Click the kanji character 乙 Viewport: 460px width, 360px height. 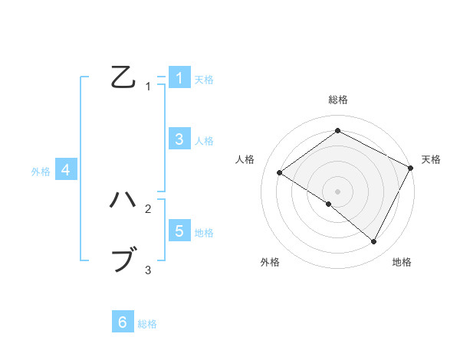[x=123, y=77]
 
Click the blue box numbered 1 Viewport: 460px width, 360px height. [x=179, y=77]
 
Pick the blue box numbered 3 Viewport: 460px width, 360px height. [x=179, y=139]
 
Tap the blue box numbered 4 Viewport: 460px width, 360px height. [x=66, y=170]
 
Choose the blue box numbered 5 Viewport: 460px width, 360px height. [x=179, y=231]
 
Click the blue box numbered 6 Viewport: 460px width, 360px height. [x=123, y=322]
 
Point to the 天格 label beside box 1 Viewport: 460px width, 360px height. [x=204, y=79]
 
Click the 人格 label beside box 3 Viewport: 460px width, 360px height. [x=204, y=140]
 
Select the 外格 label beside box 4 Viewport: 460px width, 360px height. [x=41, y=172]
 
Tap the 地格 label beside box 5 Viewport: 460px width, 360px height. [x=204, y=232]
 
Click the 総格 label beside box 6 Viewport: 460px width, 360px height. [x=147, y=324]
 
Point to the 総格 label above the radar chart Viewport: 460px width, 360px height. [x=337, y=100]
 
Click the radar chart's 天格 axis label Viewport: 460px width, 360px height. [x=431, y=159]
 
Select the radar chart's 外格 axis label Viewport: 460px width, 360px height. [x=270, y=263]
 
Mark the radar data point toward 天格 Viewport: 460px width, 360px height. [x=411, y=168]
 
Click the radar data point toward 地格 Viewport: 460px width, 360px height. [x=374, y=242]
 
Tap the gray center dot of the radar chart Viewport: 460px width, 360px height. [x=337, y=191]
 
